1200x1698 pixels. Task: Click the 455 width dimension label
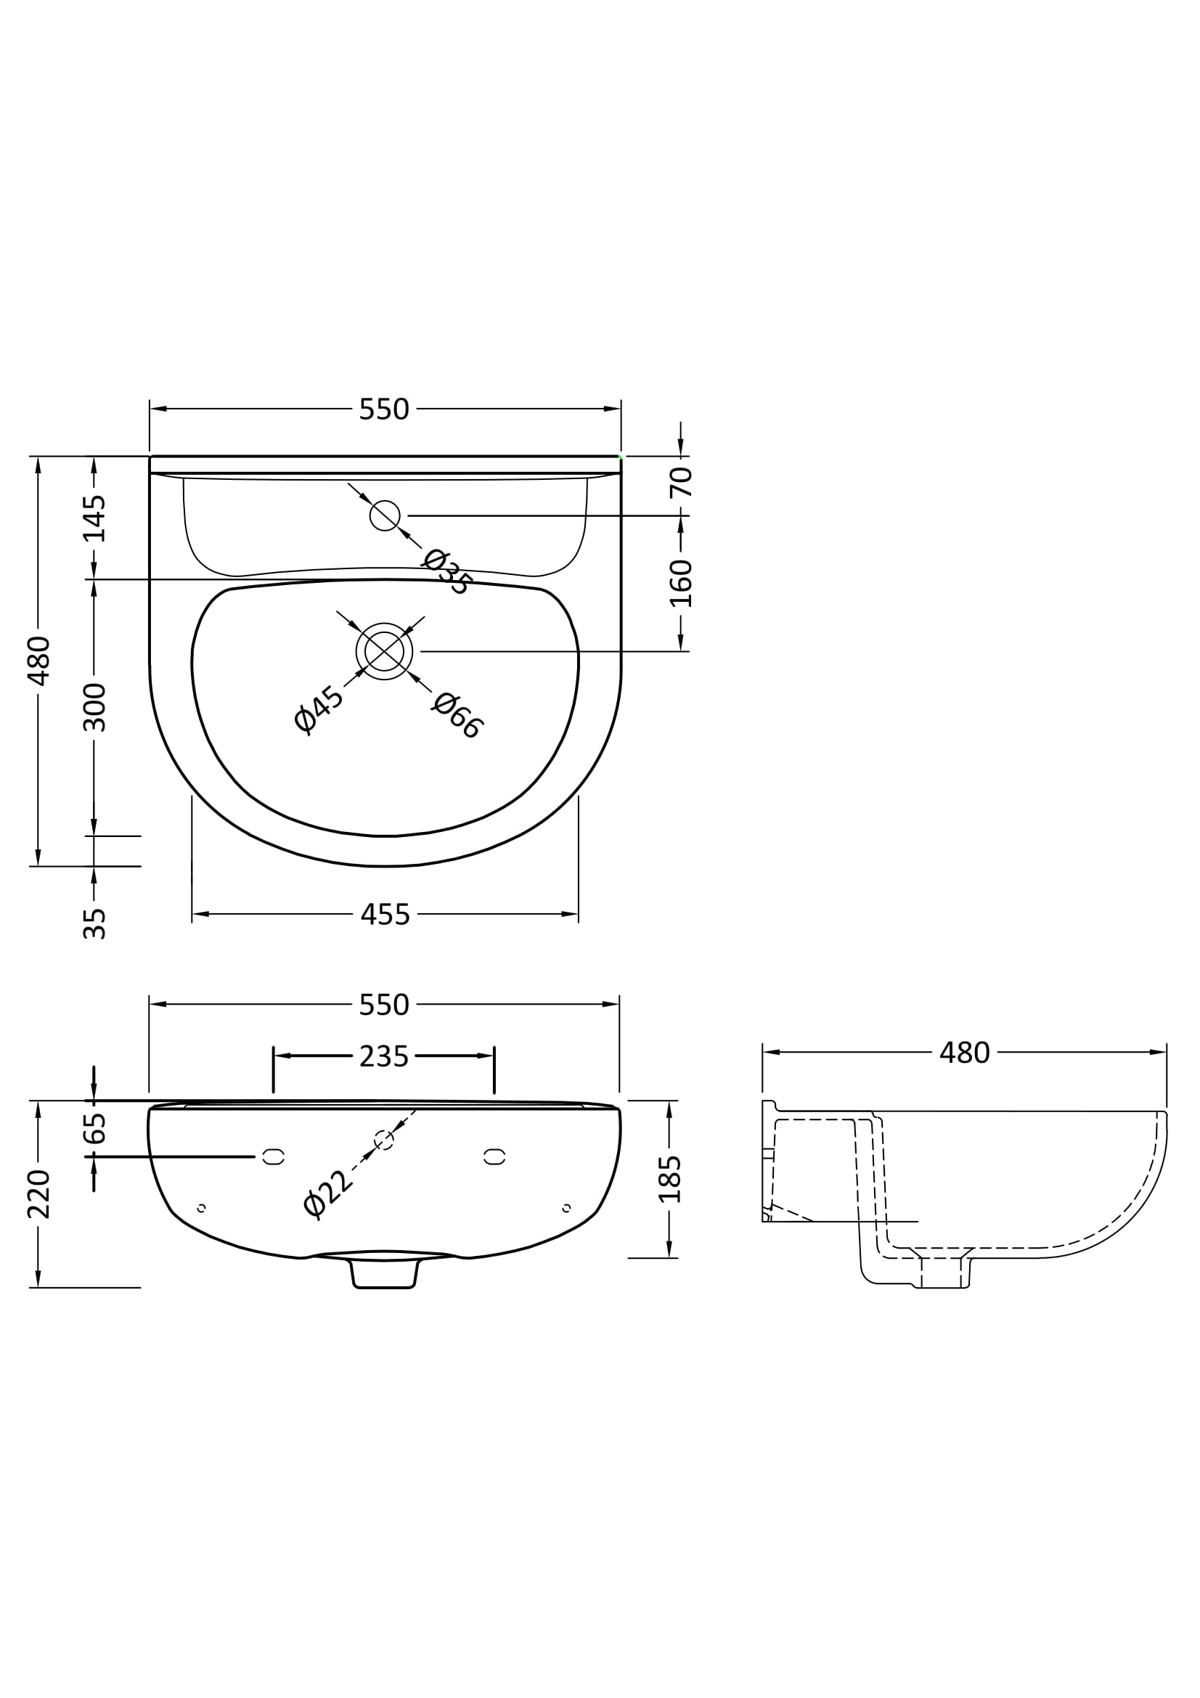(385, 915)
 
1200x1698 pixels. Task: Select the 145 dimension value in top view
(94, 518)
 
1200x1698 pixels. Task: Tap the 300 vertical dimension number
(94, 708)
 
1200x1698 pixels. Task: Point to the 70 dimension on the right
(681, 481)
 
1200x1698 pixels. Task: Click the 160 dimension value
(681, 584)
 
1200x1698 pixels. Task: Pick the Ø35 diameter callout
(446, 571)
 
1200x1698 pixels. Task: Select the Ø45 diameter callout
(319, 709)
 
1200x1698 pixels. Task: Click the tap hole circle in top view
(385, 515)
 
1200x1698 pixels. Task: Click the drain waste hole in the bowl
(384, 651)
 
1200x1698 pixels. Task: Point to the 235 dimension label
(384, 1057)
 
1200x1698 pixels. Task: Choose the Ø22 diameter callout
(329, 1194)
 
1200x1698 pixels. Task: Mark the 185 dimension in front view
(670, 1179)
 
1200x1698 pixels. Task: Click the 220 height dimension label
(38, 1194)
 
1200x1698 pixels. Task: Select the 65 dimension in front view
(94, 1129)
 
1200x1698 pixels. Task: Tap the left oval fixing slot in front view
(274, 1156)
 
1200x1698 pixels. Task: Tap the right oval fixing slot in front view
(494, 1156)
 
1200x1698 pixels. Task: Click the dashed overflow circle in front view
(384, 1140)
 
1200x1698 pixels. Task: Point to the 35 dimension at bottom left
(94, 923)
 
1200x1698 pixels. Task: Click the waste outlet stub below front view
(384, 1274)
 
